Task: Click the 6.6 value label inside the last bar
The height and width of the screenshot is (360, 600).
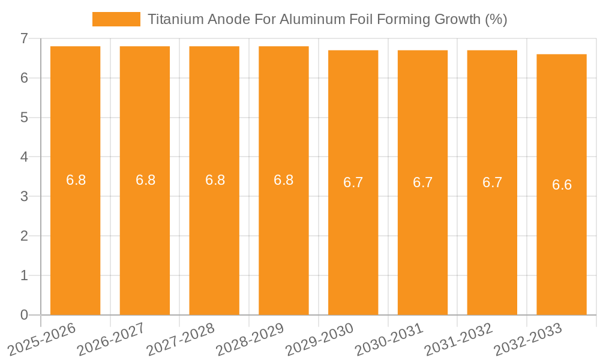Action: click(562, 185)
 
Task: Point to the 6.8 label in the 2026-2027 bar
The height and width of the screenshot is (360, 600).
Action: click(145, 180)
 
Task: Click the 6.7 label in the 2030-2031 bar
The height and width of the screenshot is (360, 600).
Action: click(422, 182)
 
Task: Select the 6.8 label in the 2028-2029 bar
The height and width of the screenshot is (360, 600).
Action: click(283, 180)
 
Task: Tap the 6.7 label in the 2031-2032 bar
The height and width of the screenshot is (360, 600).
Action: click(492, 182)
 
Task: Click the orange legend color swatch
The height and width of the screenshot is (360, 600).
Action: click(116, 19)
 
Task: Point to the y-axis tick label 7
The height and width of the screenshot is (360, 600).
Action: click(24, 38)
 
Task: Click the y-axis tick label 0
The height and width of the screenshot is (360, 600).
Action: click(24, 315)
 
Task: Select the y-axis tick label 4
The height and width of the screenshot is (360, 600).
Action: click(24, 157)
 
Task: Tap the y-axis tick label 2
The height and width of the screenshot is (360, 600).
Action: click(24, 236)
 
